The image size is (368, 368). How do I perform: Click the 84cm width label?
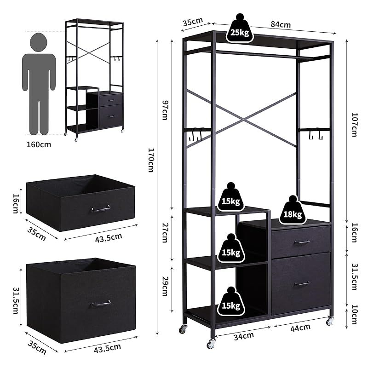pyautogui.click(x=281, y=24)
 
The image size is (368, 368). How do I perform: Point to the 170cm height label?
pyautogui.click(x=151, y=160)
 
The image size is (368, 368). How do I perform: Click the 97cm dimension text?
pyautogui.click(x=165, y=110)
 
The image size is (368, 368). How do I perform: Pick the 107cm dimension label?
pyautogui.click(x=354, y=125)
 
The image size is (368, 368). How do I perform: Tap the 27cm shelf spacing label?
pyautogui.click(x=165, y=233)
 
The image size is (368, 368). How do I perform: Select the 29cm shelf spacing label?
pyautogui.click(x=165, y=286)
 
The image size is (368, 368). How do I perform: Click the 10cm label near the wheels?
pyautogui.click(x=354, y=314)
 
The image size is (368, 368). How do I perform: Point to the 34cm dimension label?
pyautogui.click(x=244, y=336)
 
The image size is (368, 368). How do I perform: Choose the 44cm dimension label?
pyautogui.click(x=300, y=328)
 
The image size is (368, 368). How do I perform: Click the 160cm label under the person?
pyautogui.click(x=39, y=144)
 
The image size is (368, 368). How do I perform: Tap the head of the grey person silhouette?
pyautogui.click(x=39, y=42)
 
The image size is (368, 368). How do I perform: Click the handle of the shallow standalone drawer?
pyautogui.click(x=101, y=208)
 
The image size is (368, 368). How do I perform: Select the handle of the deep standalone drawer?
pyautogui.click(x=101, y=304)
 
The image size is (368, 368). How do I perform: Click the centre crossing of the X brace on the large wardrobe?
pyautogui.click(x=244, y=120)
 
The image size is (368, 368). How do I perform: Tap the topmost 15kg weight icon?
pyautogui.click(x=231, y=197)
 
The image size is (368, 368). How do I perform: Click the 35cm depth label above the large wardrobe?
pyautogui.click(x=193, y=22)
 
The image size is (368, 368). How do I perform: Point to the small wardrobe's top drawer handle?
pyautogui.click(x=111, y=100)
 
